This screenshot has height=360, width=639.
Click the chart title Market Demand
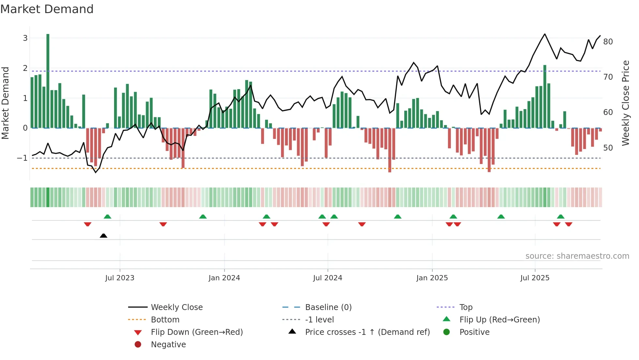47,9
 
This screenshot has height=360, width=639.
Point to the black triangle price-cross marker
103,236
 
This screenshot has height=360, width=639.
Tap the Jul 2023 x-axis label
120,278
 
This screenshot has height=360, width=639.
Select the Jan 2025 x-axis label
432,278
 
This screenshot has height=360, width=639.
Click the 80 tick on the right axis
608,42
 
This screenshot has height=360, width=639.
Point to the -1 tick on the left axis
22,158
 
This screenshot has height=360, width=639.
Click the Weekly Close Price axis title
625,103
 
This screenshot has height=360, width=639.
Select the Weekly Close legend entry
176,307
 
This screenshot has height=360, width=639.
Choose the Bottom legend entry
165,320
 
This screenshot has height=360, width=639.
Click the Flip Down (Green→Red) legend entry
197,332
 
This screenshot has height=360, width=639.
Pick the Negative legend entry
168,345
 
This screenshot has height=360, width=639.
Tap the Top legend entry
466,307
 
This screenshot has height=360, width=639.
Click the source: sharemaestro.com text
577,256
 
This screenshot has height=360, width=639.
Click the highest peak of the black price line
545,34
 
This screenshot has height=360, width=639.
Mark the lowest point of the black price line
96,172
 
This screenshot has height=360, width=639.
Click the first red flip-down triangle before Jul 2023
87,224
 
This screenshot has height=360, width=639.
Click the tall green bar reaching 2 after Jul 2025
545,96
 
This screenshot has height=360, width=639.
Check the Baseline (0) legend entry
328,307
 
